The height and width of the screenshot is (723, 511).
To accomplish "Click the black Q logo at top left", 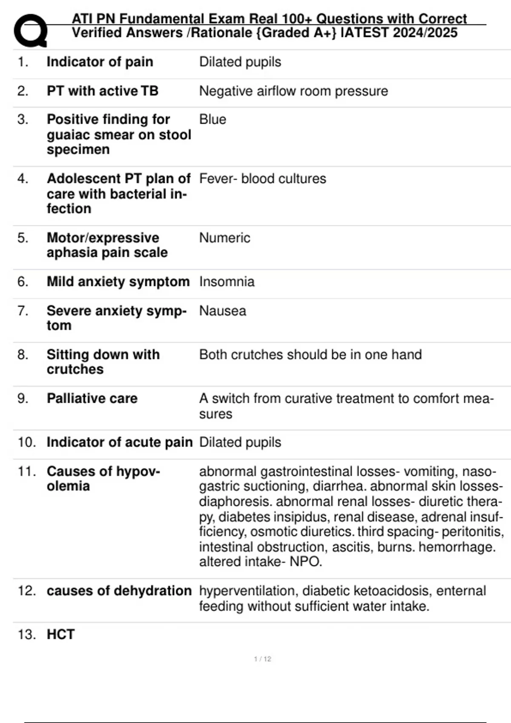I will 30,30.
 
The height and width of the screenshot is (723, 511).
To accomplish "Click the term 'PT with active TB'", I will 102,91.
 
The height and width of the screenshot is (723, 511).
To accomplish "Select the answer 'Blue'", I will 212,120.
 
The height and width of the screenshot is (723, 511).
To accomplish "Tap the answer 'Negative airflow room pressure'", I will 293,91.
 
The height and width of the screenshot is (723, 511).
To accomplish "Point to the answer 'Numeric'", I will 224,238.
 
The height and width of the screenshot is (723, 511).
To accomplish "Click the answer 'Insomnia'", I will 227,282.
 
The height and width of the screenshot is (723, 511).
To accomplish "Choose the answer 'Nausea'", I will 222,311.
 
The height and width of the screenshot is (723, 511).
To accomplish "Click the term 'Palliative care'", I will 92,399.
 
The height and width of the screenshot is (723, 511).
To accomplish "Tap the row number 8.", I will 23,355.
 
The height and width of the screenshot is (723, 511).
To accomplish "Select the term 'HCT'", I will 60,635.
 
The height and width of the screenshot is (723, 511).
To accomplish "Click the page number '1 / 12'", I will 262,659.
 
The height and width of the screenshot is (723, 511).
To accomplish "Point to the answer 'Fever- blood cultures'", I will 262,179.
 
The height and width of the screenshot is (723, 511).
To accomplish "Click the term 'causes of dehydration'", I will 119,591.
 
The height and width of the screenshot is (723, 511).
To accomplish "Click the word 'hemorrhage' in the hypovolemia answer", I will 456,547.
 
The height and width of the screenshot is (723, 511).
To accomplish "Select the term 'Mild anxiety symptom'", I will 118,282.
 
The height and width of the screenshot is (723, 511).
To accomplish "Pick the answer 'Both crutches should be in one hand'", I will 310,355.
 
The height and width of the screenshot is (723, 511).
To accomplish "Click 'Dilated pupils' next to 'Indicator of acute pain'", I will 240,442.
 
